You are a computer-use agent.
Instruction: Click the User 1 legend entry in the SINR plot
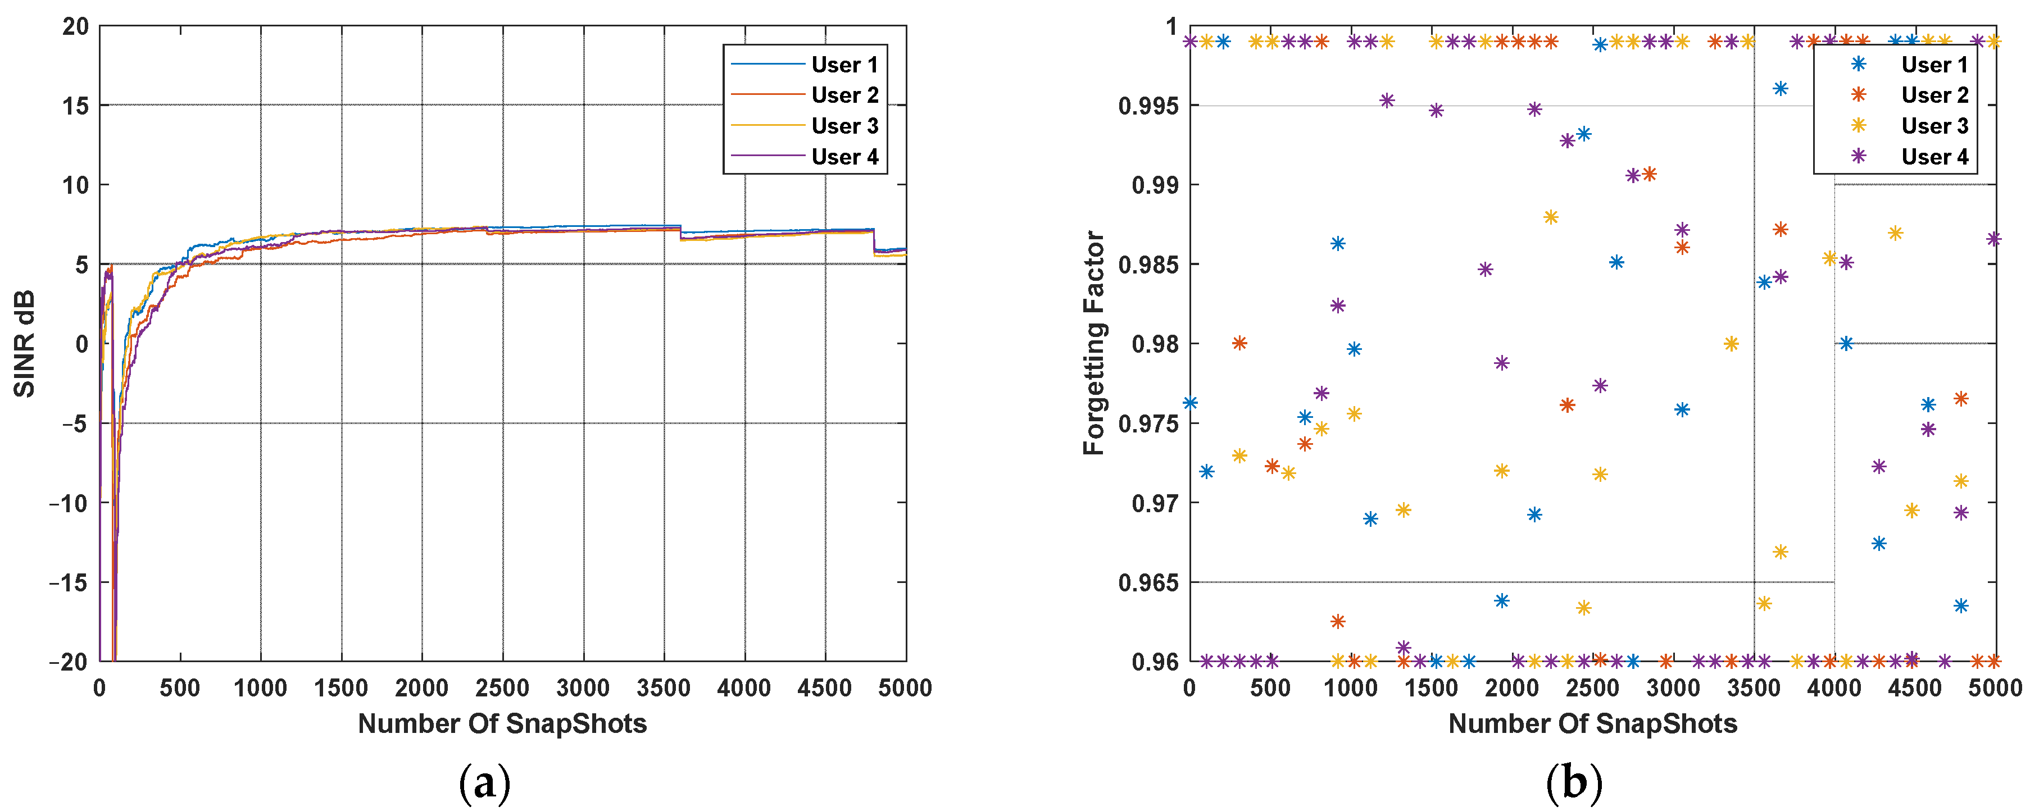click(844, 65)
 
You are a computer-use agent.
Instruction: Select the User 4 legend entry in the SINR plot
click(844, 157)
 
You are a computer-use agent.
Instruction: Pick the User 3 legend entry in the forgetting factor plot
click(1934, 126)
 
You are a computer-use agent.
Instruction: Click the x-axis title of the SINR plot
click(502, 723)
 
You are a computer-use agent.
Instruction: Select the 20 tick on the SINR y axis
click(76, 27)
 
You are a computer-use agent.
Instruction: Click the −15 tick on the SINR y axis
click(69, 582)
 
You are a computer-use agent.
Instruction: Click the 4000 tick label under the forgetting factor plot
click(1834, 688)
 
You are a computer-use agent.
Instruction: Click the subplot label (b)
click(1574, 783)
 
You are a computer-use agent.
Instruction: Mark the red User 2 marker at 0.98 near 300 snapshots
click(1239, 343)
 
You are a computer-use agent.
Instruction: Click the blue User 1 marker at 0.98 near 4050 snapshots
click(1846, 343)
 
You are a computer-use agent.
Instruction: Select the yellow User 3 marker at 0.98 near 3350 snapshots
click(1731, 343)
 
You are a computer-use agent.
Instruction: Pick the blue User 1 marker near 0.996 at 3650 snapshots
click(1780, 88)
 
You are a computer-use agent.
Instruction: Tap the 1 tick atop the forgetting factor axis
click(1172, 27)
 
